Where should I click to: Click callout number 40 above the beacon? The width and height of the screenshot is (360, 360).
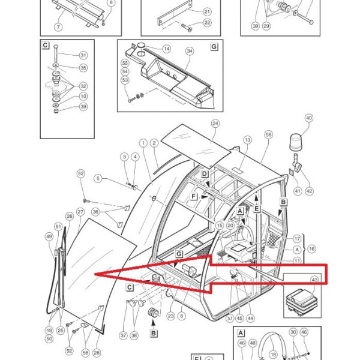309,118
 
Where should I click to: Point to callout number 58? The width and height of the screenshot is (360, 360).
268,136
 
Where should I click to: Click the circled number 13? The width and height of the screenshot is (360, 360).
247,140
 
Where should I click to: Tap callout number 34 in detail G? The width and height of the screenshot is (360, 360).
190,51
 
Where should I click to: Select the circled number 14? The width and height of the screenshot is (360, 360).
166,49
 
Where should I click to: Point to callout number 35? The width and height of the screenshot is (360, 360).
83,68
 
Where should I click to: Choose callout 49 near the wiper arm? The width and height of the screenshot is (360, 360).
49,236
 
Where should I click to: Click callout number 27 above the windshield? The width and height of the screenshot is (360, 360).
80,212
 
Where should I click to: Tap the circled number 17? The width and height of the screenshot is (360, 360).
296,239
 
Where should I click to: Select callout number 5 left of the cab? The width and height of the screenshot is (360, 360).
98,178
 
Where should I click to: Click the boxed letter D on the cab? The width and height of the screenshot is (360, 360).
205,174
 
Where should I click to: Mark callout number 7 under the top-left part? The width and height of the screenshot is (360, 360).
58,27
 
